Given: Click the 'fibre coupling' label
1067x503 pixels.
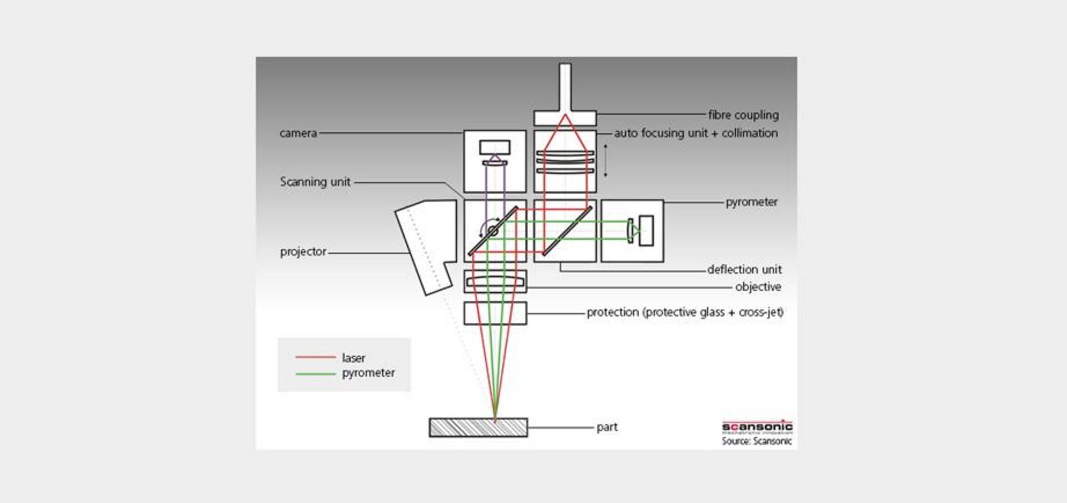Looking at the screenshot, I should (743, 115).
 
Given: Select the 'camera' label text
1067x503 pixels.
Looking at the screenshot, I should (298, 134).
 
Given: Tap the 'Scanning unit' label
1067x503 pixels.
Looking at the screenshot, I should (315, 182).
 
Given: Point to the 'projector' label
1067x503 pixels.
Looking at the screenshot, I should (303, 251).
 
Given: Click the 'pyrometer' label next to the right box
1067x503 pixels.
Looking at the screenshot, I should (751, 202).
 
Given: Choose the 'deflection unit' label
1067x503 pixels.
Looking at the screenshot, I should (744, 269).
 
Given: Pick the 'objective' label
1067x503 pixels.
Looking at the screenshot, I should (758, 287).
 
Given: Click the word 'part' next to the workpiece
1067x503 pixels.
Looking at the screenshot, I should (607, 427).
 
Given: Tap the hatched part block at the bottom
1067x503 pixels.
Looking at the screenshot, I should (478, 427).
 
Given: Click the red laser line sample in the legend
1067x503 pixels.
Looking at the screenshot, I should (316, 357).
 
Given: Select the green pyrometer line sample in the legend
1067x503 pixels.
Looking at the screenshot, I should (316, 373).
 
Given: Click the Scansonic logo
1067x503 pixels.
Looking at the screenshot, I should (757, 427).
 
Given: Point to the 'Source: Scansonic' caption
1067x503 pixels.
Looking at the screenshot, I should (756, 441).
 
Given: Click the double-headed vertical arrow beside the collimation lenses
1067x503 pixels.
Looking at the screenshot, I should (605, 161).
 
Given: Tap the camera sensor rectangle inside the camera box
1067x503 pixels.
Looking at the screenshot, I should (495, 147).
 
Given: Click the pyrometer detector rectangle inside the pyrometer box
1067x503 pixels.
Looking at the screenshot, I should (646, 230).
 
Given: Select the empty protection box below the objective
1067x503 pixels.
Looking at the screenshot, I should (495, 314).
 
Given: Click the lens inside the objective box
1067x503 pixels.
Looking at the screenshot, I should (495, 282).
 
